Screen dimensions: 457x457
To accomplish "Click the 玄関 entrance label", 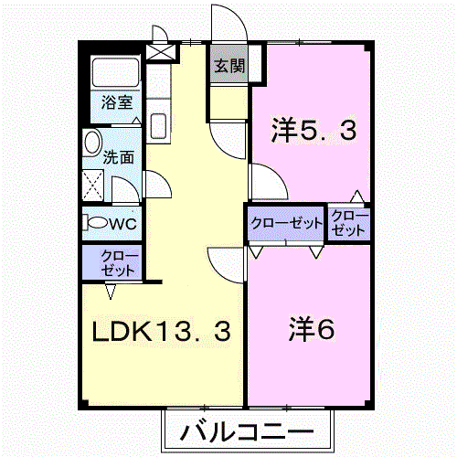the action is click(x=229, y=66).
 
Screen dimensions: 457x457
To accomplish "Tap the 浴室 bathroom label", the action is click(x=117, y=102).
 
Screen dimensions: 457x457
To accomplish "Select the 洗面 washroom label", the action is click(x=119, y=157).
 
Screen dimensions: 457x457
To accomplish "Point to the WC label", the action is click(x=122, y=224).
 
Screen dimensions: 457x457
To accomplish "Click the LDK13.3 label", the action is click(x=161, y=332).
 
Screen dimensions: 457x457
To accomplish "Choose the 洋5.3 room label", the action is click(x=314, y=131).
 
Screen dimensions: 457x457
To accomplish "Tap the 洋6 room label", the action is click(x=311, y=329).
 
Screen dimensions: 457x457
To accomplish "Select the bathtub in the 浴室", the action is click(x=116, y=72).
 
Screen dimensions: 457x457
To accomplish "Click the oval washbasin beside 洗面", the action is click(x=92, y=143).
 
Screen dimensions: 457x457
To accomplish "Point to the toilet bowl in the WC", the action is click(x=98, y=223).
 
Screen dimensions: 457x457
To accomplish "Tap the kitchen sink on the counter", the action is click(x=158, y=125).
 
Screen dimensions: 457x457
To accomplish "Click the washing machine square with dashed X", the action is click(x=93, y=185).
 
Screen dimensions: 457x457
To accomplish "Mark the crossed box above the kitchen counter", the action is click(x=161, y=51).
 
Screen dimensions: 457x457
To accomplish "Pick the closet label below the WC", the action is click(x=118, y=263).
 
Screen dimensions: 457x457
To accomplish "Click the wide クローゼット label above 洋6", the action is click(x=287, y=223).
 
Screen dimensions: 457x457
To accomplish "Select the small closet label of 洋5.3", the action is click(x=349, y=223).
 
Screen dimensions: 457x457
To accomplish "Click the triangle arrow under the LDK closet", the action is click(x=111, y=292).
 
